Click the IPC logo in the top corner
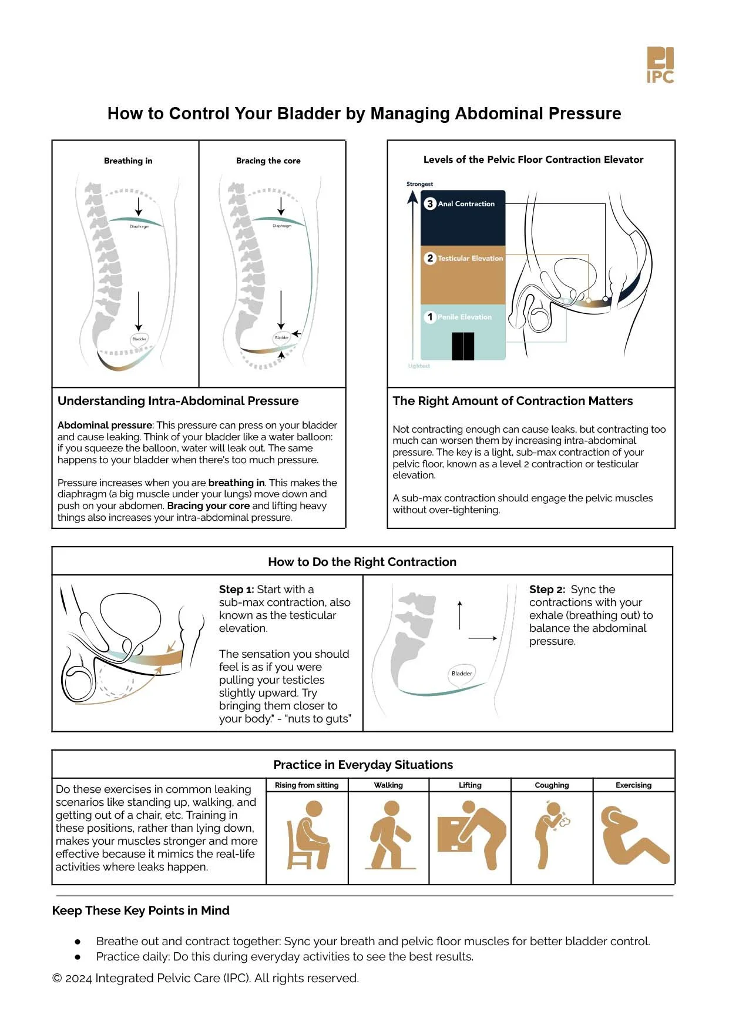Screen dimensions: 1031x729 660,65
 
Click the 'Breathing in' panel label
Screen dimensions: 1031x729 128,160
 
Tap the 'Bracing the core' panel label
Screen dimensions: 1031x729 268,160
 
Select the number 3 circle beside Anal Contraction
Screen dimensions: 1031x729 430,203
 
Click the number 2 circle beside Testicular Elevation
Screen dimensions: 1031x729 430,258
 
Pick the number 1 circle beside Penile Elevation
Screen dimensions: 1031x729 430,317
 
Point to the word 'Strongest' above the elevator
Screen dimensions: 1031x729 419,184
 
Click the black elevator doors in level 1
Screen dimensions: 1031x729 463,346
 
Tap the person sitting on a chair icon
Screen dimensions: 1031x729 307,835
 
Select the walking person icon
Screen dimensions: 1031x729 389,835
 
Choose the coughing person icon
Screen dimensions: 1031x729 550,835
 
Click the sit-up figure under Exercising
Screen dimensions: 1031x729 632,835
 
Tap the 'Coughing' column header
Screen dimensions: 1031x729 552,785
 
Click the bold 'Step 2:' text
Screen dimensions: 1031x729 547,589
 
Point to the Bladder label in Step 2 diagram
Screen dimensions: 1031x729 462,673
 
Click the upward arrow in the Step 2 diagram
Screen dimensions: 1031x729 460,614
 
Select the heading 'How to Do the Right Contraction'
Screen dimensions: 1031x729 362,561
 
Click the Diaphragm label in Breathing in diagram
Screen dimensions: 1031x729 139,226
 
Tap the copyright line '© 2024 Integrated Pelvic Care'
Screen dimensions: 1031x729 206,978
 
